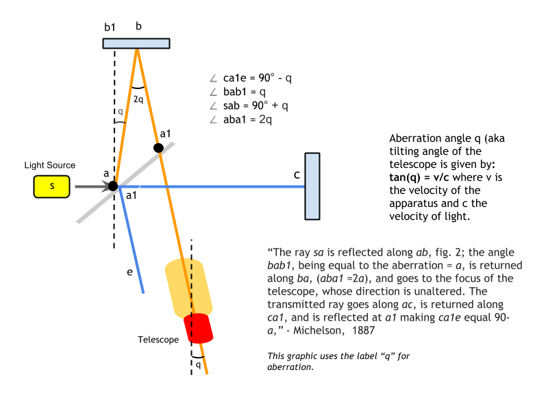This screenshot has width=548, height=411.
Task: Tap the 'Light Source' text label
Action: [49, 166]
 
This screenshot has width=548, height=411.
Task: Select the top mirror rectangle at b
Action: [136, 42]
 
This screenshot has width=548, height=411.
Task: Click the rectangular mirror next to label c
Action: [312, 186]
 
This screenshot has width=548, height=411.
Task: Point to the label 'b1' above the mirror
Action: [110, 27]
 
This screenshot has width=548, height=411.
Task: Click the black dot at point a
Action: [113, 186]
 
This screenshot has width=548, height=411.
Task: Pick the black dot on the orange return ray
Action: [158, 147]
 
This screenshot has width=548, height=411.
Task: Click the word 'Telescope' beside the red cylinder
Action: [158, 339]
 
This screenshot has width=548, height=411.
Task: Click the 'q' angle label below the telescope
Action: [197, 364]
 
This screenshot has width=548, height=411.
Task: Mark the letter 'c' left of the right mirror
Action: [297, 175]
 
